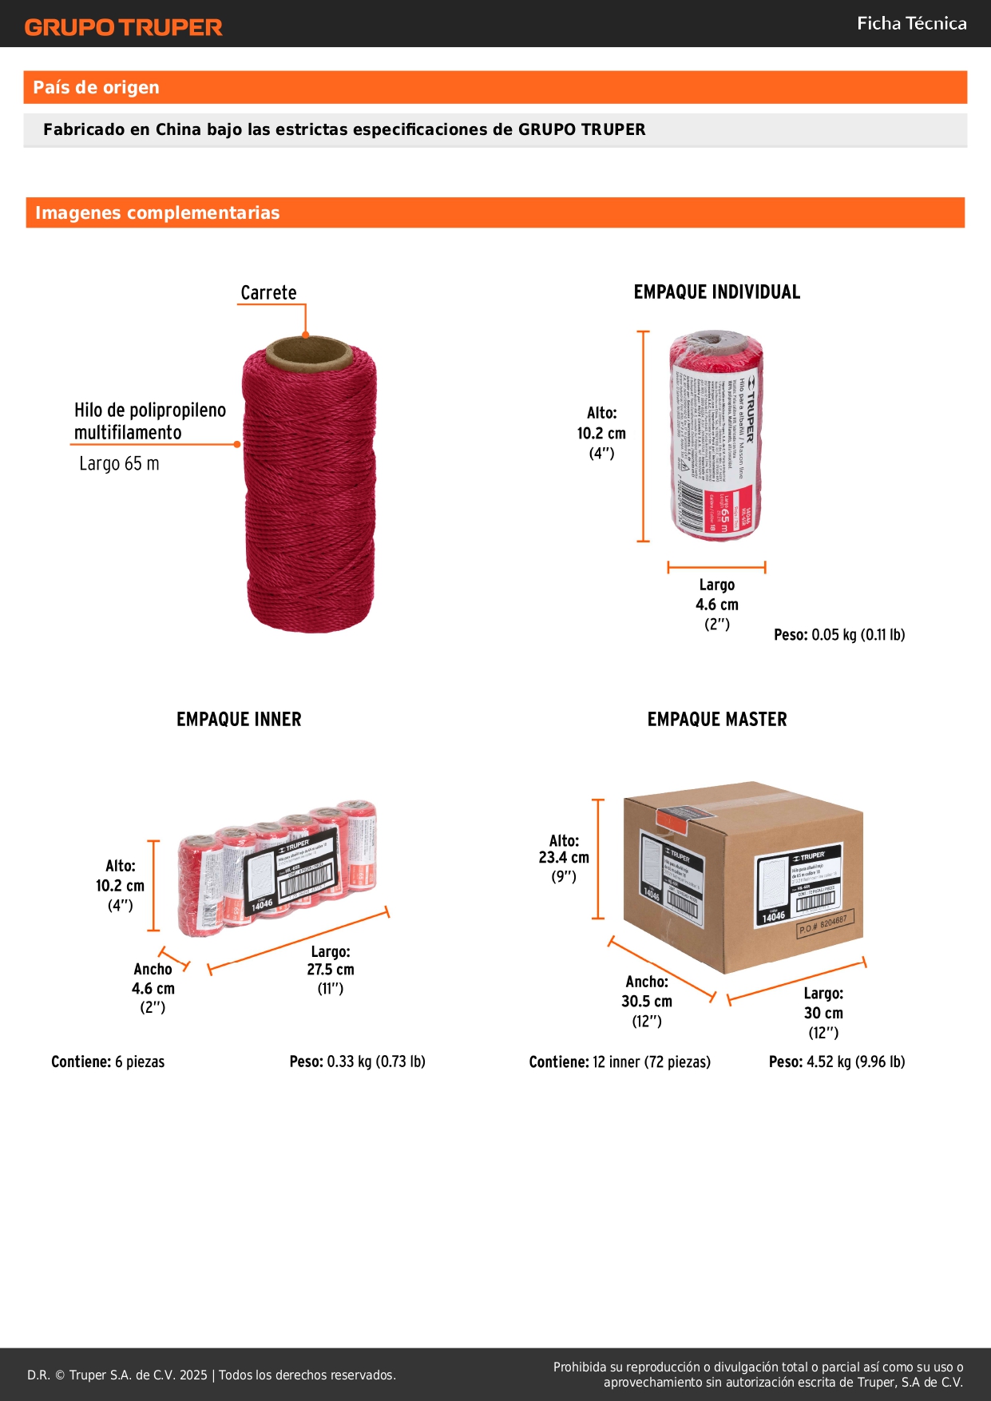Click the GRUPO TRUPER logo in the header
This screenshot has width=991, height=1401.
point(123,27)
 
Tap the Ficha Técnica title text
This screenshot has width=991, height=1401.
point(911,24)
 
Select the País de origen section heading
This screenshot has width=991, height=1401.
point(96,88)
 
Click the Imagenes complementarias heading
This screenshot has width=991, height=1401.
point(157,213)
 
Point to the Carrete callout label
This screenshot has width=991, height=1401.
point(268,293)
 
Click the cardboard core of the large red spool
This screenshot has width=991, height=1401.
point(308,353)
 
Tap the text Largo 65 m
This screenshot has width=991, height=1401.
point(119,464)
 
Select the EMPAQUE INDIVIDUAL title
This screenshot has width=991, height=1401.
point(716,292)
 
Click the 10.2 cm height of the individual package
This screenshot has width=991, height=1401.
point(601,434)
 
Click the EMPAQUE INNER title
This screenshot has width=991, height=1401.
point(239,720)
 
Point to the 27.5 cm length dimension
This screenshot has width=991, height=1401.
point(331,970)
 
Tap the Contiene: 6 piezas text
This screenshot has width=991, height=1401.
point(108,1062)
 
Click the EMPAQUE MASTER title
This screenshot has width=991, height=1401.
point(716,720)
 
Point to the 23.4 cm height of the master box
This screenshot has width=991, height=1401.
point(564,858)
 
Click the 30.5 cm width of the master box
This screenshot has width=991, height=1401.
point(647,1002)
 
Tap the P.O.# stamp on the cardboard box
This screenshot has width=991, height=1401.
point(826,925)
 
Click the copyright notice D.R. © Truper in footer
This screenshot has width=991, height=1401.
point(211,1375)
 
